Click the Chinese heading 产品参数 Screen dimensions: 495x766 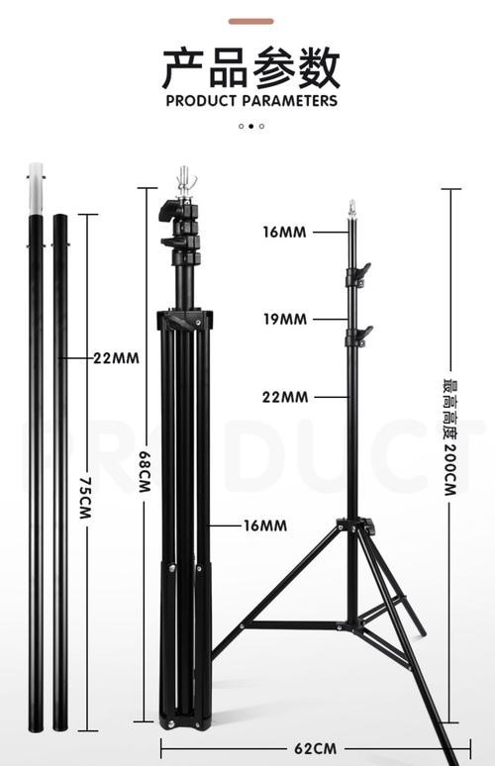(251, 68)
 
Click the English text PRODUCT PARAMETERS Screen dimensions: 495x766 (251, 101)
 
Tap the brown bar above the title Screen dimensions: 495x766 (251, 21)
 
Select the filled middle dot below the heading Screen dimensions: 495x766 (251, 126)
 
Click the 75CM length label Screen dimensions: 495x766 (85, 498)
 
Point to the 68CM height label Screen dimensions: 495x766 (146, 471)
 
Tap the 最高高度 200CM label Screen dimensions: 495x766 (450, 437)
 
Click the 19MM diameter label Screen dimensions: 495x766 (285, 320)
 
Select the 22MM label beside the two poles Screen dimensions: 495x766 (116, 358)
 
